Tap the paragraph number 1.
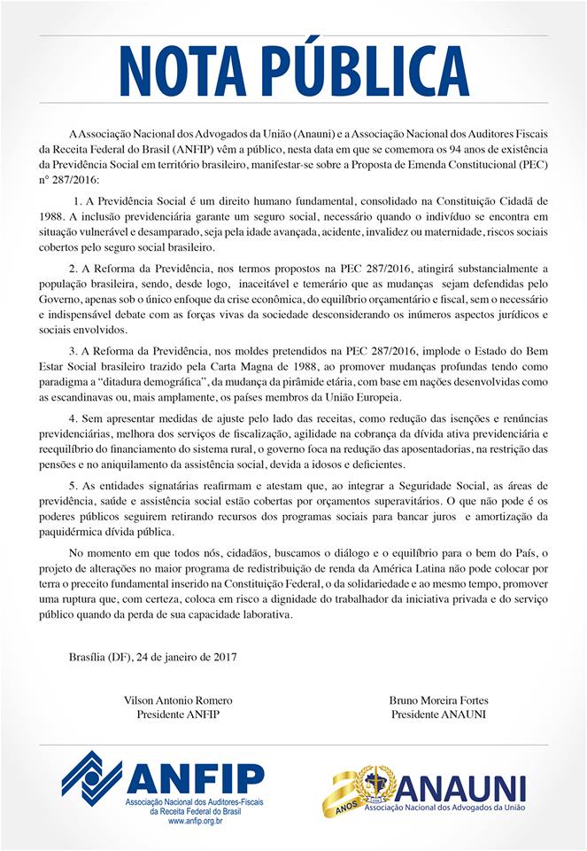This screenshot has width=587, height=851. (78, 202)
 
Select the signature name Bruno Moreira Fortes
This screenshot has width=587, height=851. (437, 700)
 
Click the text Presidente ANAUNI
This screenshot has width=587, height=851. (437, 714)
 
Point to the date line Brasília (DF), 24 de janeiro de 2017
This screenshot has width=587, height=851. (152, 657)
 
